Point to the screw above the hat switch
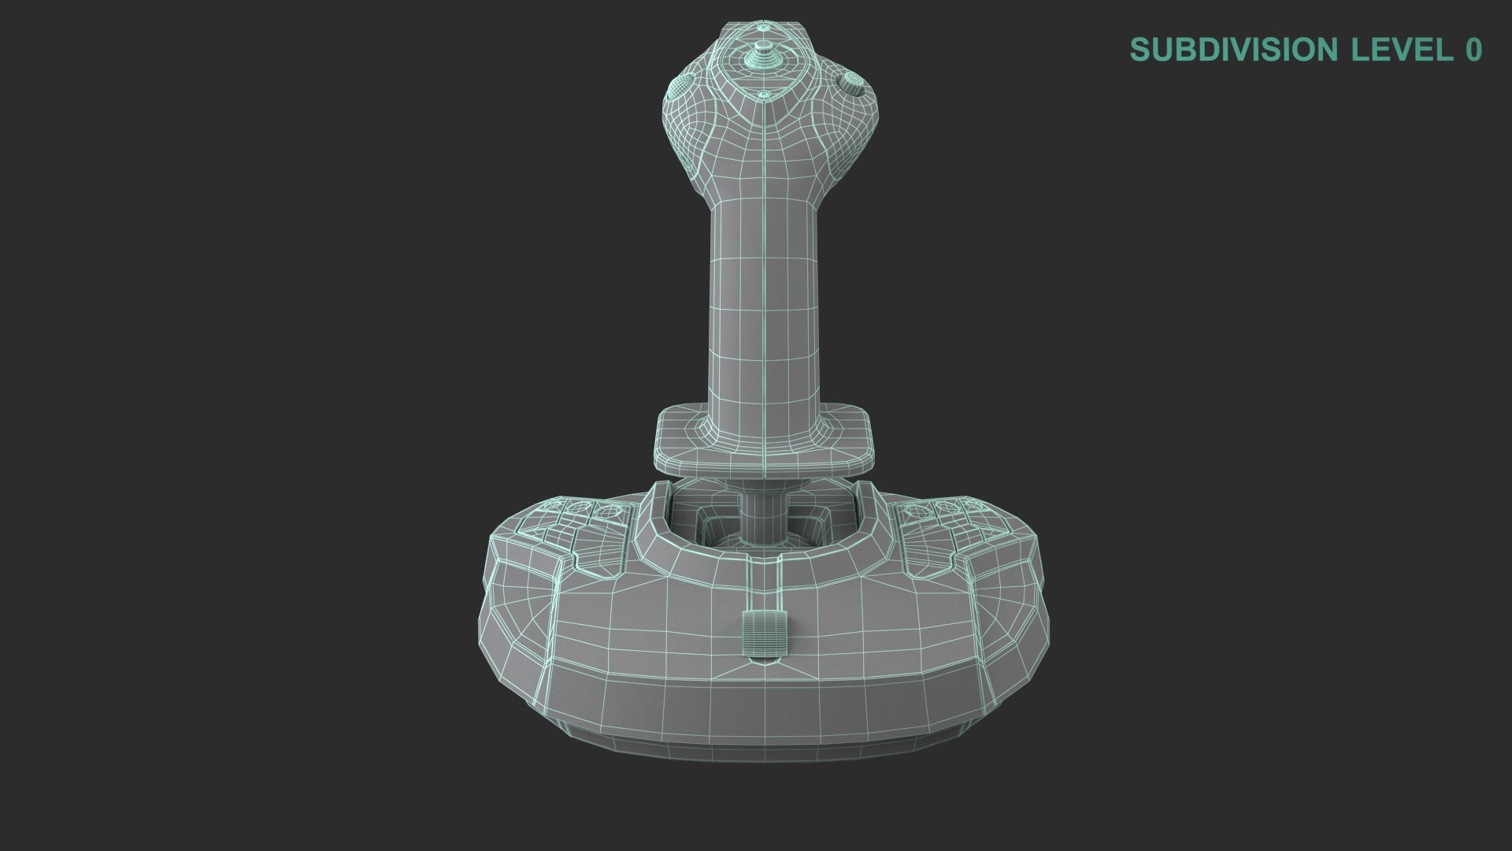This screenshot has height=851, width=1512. click(762, 28)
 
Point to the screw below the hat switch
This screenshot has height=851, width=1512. click(763, 95)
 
